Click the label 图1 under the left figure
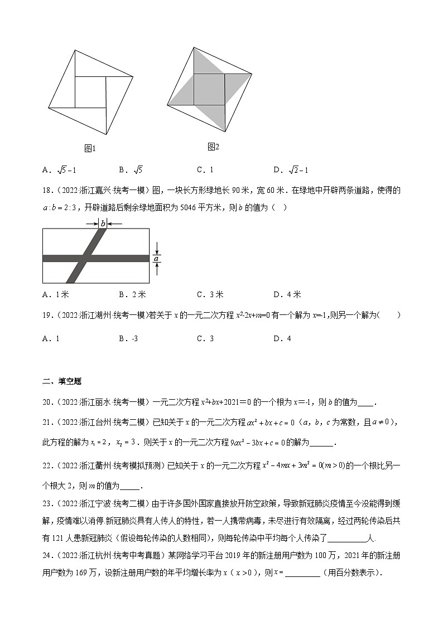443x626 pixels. (x=90, y=148)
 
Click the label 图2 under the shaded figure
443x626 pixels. (x=213, y=147)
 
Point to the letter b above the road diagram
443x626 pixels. (x=103, y=223)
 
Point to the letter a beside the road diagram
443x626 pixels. (x=157, y=258)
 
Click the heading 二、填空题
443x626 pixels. (x=62, y=381)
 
